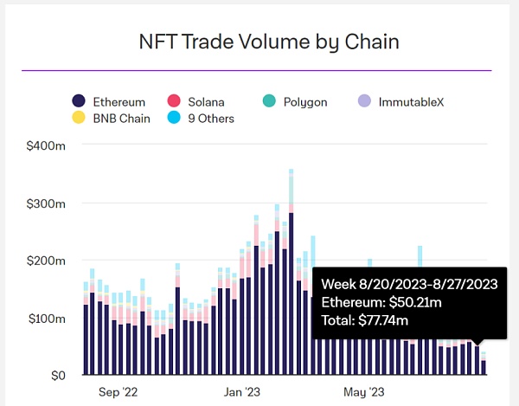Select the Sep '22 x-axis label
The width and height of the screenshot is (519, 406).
pyautogui.click(x=117, y=392)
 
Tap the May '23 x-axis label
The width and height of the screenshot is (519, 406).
pyautogui.click(x=364, y=392)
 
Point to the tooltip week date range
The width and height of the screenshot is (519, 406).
pyautogui.click(x=408, y=285)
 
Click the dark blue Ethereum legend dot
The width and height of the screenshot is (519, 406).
pyautogui.click(x=78, y=102)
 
